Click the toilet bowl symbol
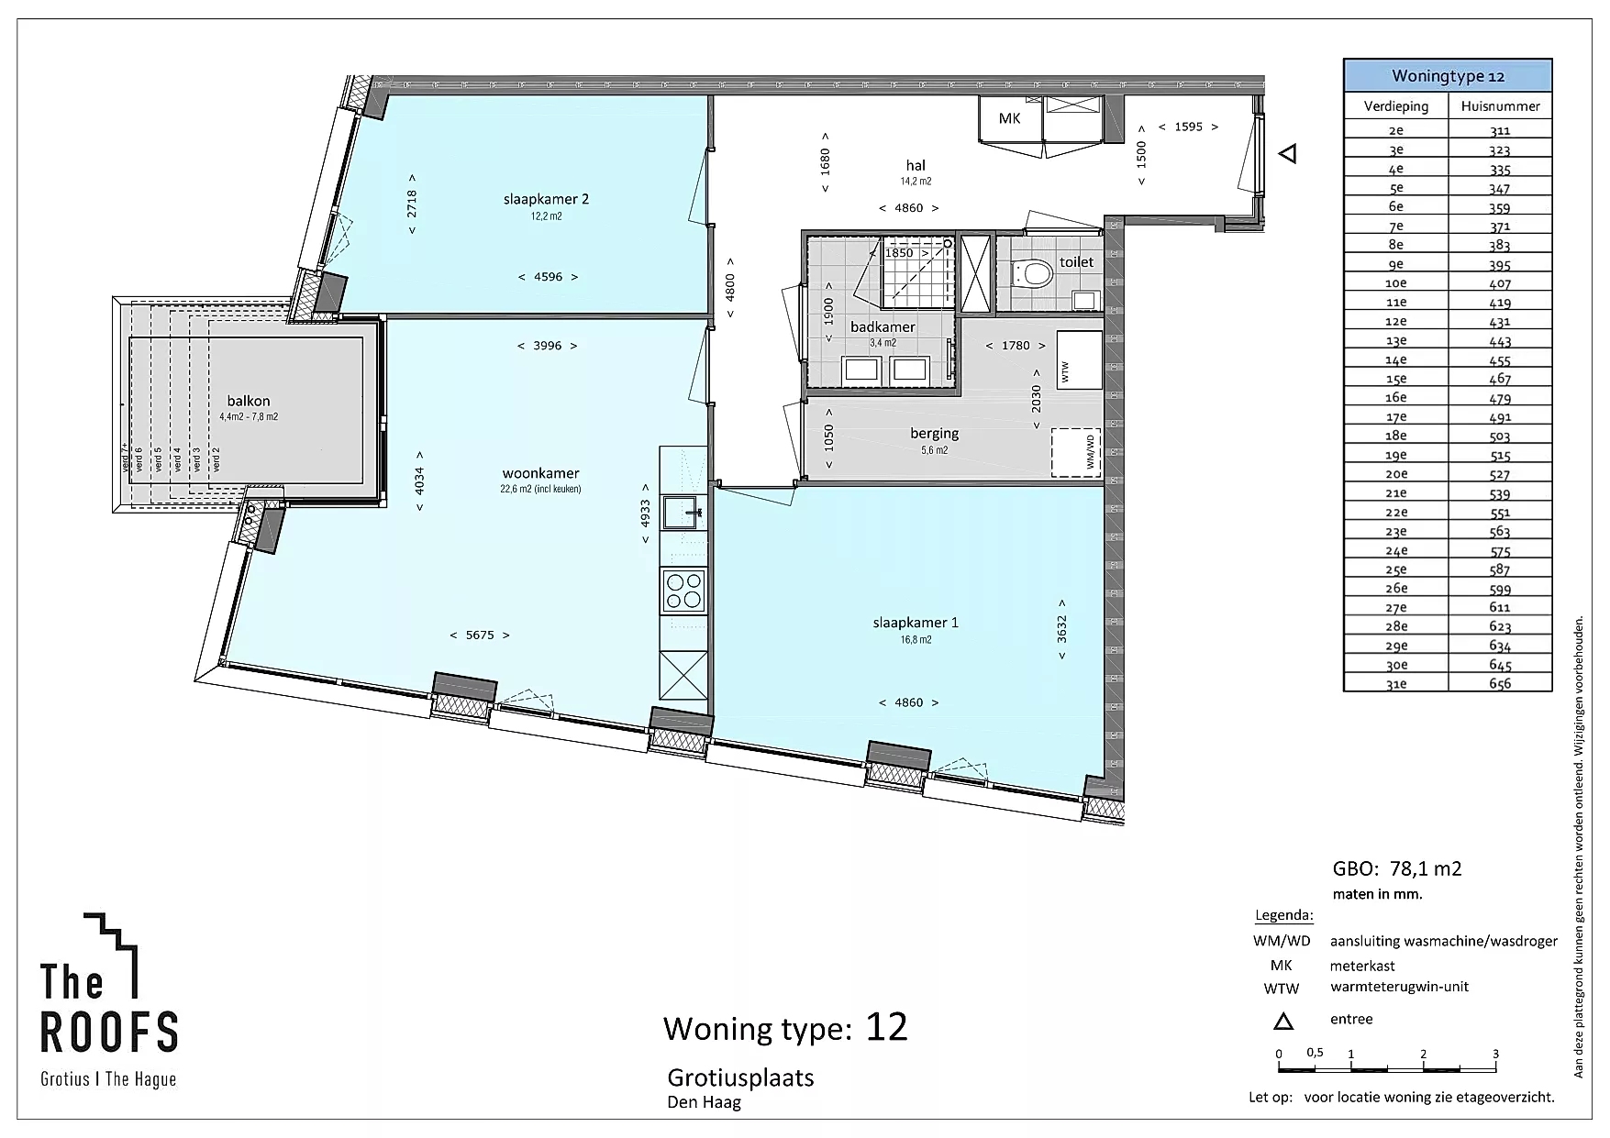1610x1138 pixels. pos(1033,273)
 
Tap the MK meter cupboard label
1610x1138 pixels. pos(1009,118)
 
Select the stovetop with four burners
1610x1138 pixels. pos(683,590)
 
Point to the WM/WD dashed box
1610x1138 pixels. pos(1076,453)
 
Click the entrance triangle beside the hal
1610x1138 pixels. pos(1288,154)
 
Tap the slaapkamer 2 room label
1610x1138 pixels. pos(546,199)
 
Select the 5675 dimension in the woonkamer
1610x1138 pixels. pos(480,635)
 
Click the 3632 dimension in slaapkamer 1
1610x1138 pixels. pos(1062,629)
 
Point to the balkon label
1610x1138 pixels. pos(249,401)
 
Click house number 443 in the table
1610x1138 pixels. pos(1500,341)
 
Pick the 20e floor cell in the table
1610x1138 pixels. pos(1396,474)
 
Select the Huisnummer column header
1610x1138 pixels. pos(1500,106)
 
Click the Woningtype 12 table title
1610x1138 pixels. pos(1448,76)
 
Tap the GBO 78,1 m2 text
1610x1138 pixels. pos(1397,869)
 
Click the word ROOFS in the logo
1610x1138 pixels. pos(109,1032)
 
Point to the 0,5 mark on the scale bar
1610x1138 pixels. pos(1315,1053)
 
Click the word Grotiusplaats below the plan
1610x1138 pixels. pos(740,1077)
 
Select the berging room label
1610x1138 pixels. pos(935,434)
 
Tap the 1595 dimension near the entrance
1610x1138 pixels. pos(1188,127)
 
